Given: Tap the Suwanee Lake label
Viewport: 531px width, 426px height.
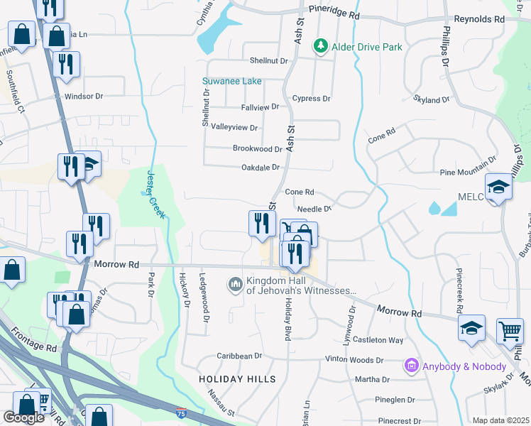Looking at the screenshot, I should pyautogui.click(x=232, y=82).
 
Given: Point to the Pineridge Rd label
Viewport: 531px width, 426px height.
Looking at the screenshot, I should pyautogui.click(x=334, y=15).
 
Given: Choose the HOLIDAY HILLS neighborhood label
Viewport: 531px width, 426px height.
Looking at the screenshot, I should pyautogui.click(x=237, y=379).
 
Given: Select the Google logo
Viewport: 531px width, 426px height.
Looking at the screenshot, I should pyautogui.click(x=23, y=417).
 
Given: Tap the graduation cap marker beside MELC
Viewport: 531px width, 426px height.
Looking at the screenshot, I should pyautogui.click(x=499, y=187).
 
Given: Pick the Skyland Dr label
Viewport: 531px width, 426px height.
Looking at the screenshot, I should pyautogui.click(x=431, y=101).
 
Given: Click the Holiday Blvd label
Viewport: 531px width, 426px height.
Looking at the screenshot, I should pyautogui.click(x=289, y=319).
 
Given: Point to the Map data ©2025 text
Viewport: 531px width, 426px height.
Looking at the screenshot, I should pyautogui.click(x=500, y=420).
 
